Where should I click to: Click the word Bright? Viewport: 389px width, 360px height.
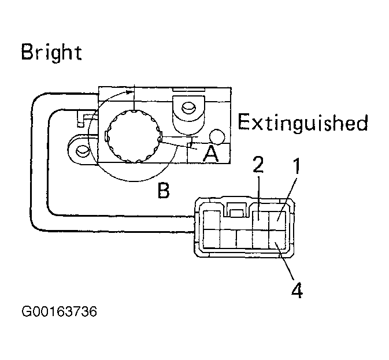(51, 53)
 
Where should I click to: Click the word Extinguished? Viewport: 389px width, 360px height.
(303, 123)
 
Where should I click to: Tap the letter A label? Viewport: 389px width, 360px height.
(210, 154)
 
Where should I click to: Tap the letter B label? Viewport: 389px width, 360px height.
(164, 190)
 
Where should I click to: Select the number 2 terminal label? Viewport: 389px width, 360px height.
(258, 165)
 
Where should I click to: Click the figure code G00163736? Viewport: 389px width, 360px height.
(59, 311)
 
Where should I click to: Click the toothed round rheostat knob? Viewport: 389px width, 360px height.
(134, 136)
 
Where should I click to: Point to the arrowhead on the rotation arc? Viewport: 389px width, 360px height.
(129, 92)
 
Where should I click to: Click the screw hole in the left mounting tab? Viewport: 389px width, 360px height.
(83, 150)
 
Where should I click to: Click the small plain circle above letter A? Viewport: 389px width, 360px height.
(217, 136)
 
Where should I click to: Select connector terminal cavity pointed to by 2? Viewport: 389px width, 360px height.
(261, 220)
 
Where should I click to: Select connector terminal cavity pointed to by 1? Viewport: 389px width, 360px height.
(277, 220)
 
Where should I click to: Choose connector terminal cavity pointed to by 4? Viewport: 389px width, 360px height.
(277, 239)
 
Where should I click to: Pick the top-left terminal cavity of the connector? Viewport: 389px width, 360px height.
(212, 220)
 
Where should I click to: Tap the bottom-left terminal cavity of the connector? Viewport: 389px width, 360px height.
(212, 239)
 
